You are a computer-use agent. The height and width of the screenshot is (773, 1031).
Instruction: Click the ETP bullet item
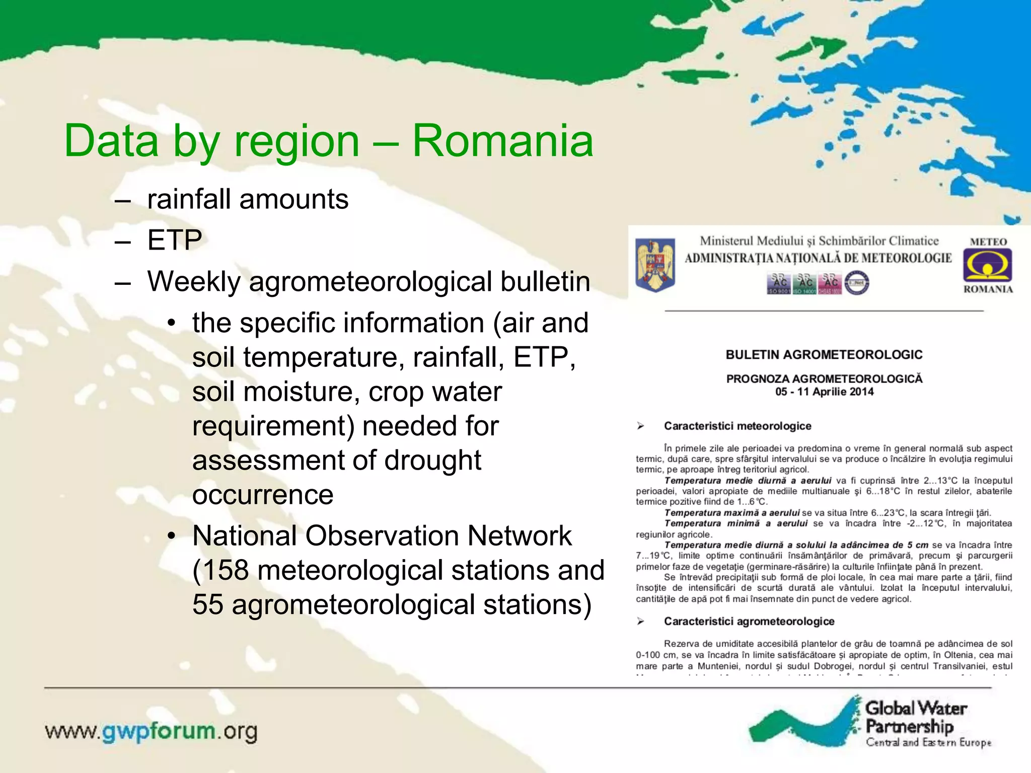coord(174,240)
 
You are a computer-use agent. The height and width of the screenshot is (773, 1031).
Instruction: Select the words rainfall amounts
coord(248,199)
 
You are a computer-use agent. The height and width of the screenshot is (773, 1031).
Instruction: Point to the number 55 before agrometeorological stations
coord(207,604)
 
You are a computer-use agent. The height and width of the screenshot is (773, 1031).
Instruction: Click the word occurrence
coord(262,495)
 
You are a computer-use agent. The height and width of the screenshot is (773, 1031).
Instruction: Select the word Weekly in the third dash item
coord(194,281)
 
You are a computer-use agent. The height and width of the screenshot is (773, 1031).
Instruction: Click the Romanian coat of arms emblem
coord(654,265)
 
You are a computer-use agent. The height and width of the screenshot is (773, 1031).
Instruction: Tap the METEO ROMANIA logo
coord(988,266)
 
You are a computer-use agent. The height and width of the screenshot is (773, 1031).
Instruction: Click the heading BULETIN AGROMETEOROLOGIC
coord(824,355)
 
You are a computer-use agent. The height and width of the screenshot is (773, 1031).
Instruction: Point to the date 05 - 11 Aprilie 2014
coord(824,392)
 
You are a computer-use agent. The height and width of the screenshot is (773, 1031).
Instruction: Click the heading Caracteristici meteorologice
coord(737,426)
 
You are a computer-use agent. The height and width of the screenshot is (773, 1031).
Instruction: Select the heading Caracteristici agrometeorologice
coord(749,622)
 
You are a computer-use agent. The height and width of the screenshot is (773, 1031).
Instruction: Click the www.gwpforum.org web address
coord(151,731)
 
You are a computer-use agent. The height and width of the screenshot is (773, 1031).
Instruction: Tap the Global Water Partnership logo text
coord(915,717)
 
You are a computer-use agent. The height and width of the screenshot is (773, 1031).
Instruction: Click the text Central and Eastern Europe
coord(928,743)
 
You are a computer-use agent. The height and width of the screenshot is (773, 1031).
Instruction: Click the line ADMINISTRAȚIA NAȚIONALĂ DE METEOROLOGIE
coord(818,259)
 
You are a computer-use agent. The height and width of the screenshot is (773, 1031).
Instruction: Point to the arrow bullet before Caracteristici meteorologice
coord(640,426)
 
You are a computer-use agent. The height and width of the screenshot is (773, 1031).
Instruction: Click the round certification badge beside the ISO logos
coord(856,283)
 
